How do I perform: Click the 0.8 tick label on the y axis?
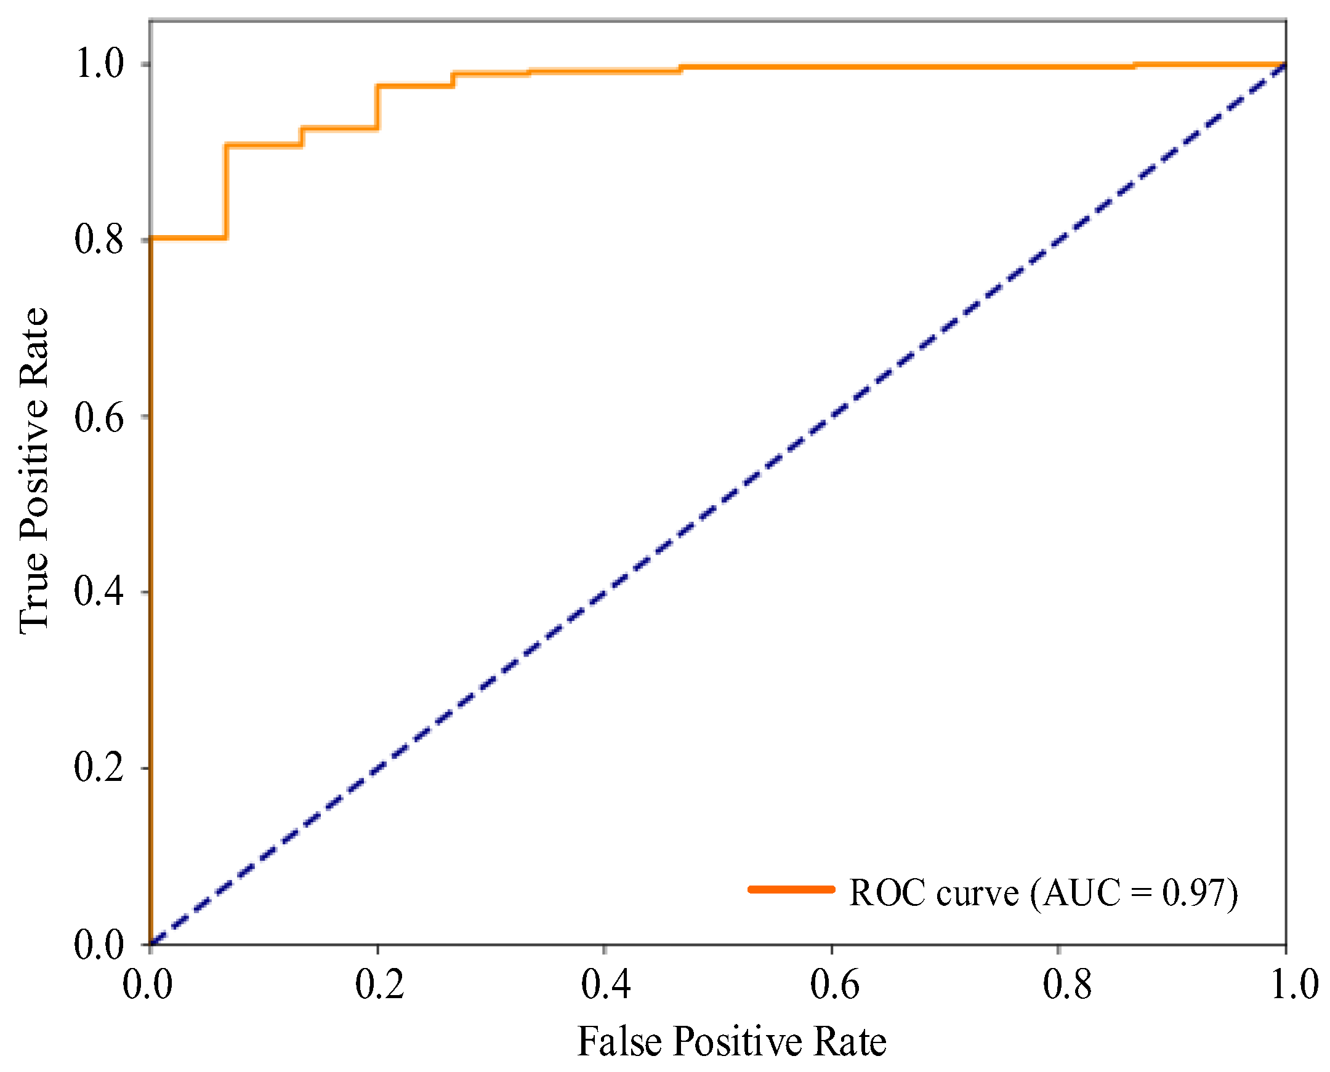99,239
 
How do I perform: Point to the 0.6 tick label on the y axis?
99,417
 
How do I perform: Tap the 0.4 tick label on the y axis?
99,591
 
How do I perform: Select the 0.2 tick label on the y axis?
99,768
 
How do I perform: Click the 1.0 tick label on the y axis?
99,63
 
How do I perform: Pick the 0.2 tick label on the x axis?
379,985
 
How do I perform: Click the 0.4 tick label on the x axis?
605,985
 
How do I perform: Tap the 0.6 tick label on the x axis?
834,985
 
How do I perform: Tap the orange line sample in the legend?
791,889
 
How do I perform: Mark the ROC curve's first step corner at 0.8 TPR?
226,238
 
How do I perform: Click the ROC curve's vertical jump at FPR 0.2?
377,107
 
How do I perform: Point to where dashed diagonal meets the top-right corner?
1286,64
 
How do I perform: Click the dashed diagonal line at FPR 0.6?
832,415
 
